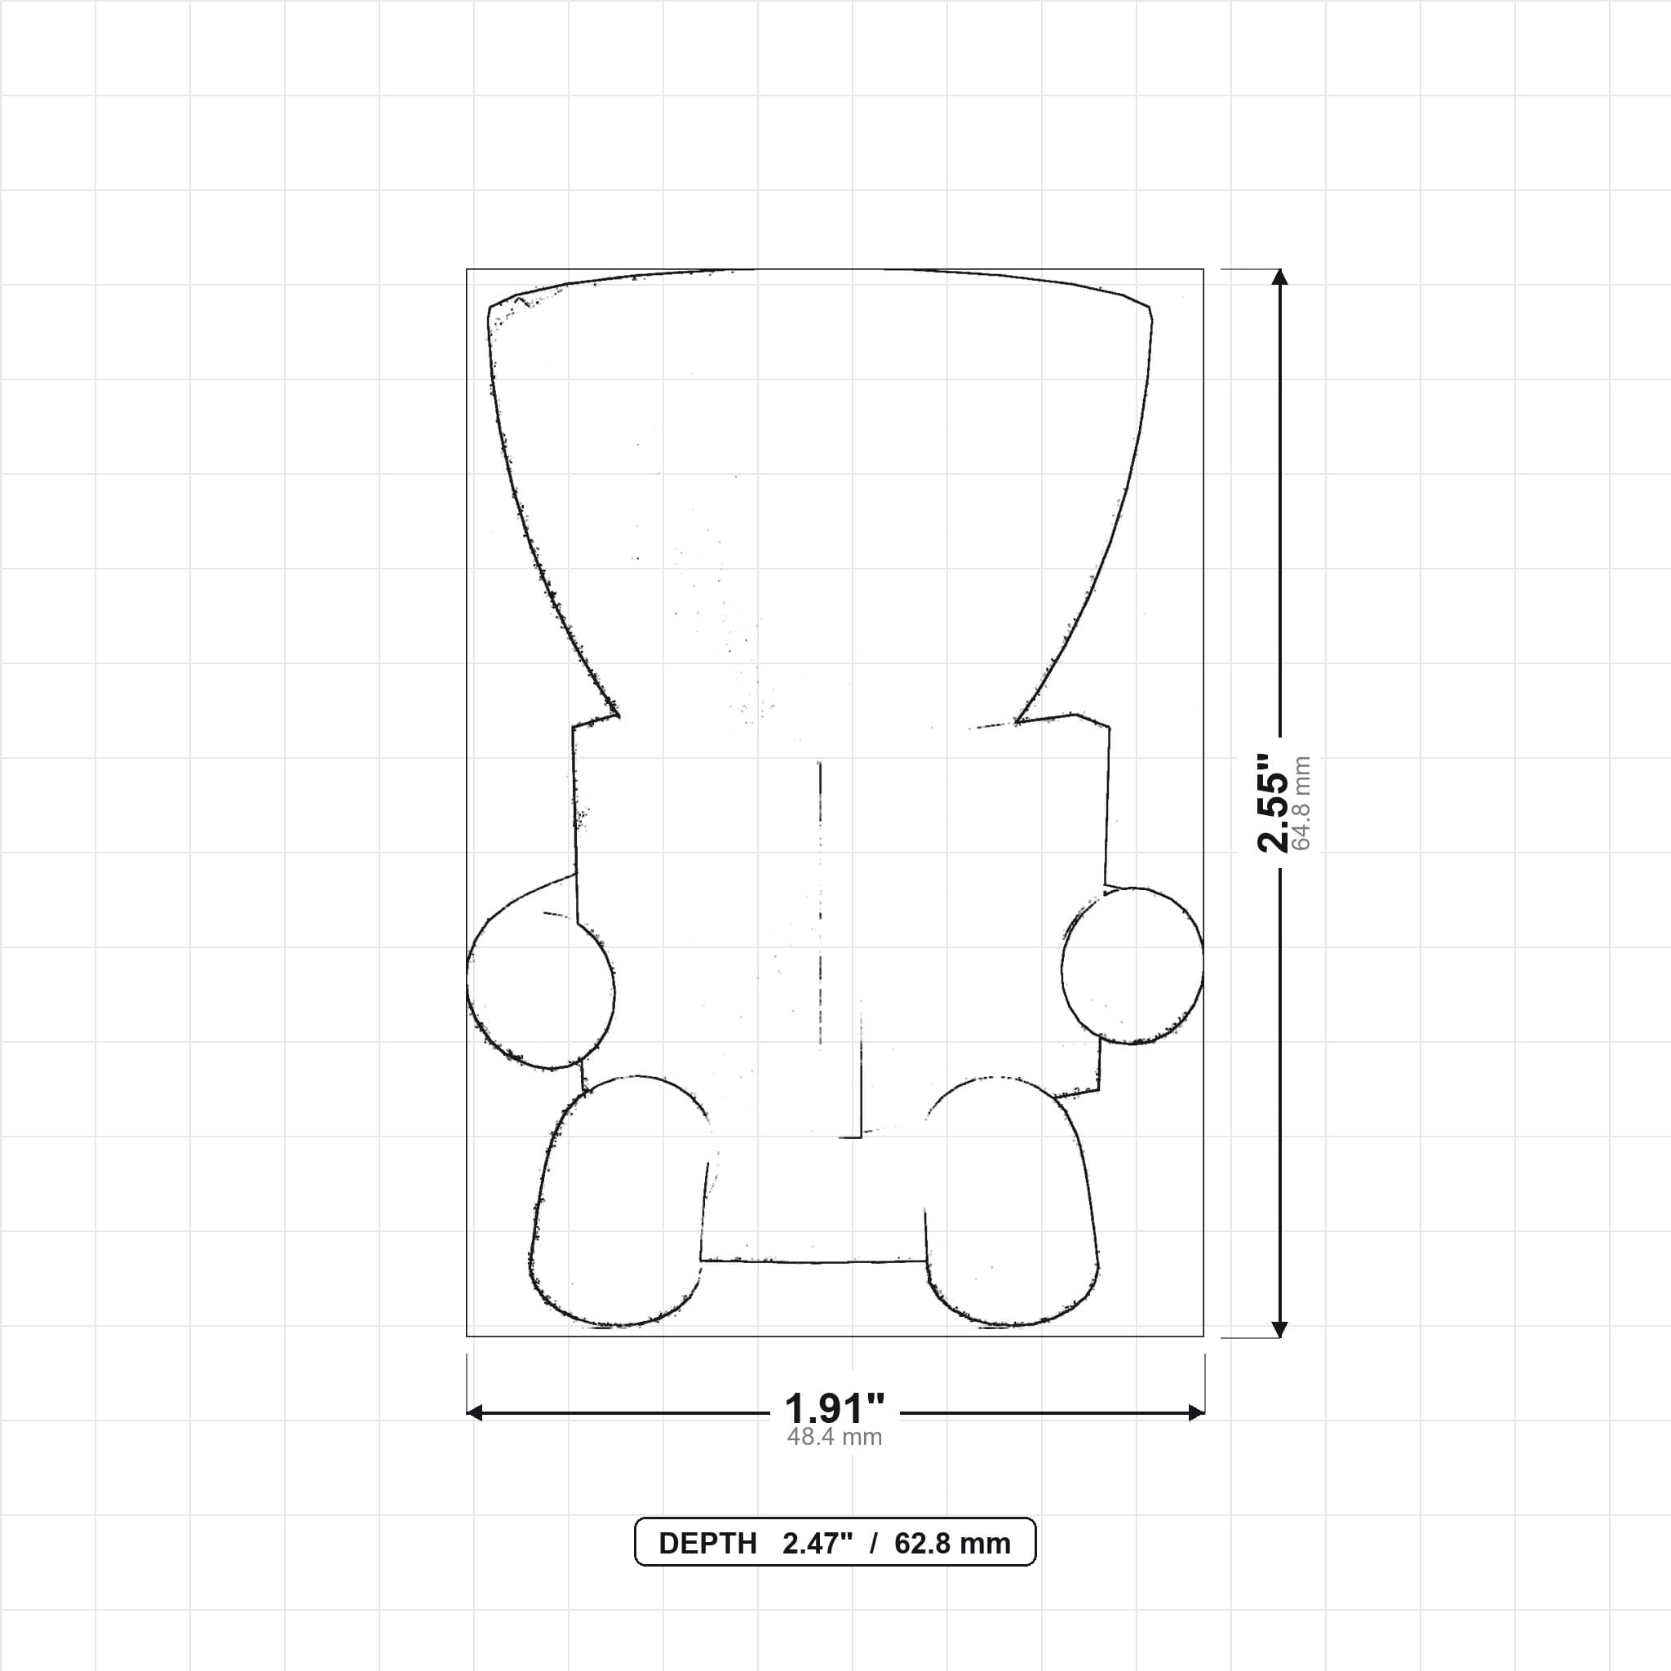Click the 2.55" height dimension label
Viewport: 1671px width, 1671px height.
click(1272, 802)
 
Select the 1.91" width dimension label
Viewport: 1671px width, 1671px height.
click(835, 1409)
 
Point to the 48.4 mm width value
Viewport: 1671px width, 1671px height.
click(835, 1438)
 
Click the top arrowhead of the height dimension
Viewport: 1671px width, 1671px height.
click(1280, 277)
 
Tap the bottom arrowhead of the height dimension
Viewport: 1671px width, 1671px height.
click(1280, 1329)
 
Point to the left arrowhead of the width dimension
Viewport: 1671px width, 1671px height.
click(475, 1413)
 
